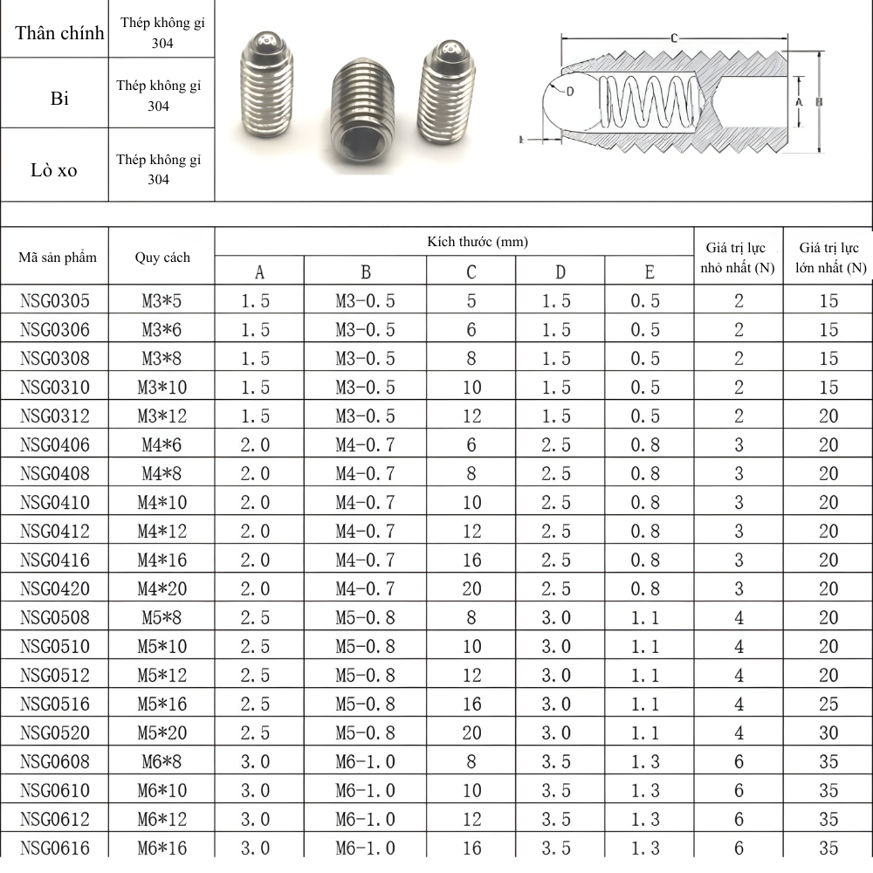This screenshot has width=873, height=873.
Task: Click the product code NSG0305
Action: [55, 301]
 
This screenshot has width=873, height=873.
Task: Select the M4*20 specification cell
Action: [162, 589]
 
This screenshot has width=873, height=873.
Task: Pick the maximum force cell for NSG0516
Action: [828, 704]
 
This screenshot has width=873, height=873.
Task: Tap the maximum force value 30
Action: [828, 732]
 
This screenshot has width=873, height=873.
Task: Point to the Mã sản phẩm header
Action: [58, 258]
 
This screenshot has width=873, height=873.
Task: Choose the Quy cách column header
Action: [162, 258]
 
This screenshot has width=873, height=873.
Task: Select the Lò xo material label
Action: [54, 170]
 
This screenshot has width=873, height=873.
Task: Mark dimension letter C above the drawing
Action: [676, 38]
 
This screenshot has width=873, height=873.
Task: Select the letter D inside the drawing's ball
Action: [570, 90]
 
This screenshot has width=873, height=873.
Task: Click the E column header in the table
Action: [649, 272]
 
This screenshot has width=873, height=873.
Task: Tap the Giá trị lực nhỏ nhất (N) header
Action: [739, 258]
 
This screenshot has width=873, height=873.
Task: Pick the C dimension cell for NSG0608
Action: [471, 761]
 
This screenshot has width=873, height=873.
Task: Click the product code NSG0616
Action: [55, 847]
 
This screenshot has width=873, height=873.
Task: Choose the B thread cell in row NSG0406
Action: [365, 445]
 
